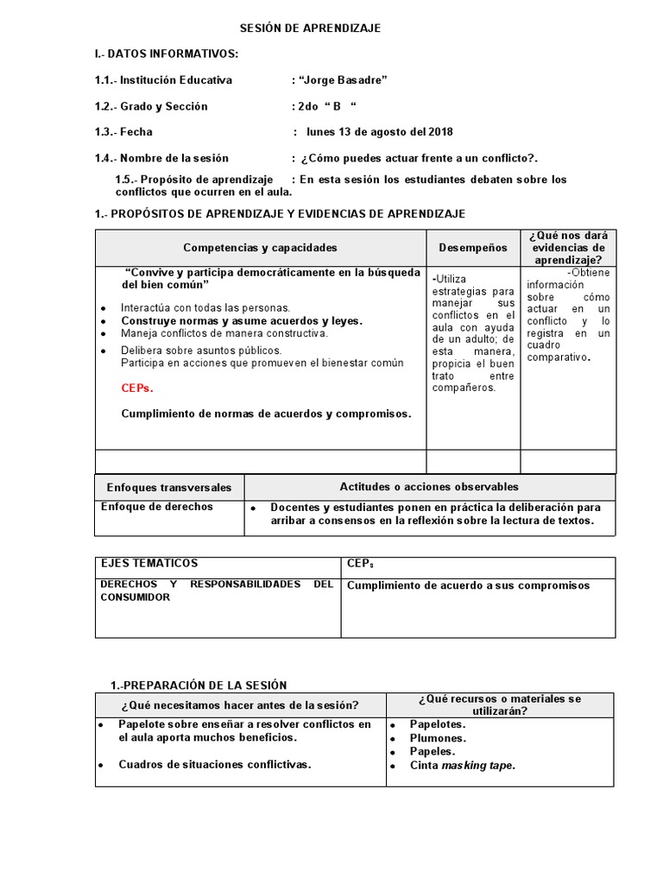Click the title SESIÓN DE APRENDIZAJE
pyautogui.click(x=310, y=28)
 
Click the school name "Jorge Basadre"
pyautogui.click(x=343, y=80)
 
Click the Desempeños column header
pyautogui.click(x=472, y=248)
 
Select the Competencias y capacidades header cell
pyautogui.click(x=260, y=248)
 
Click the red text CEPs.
pyautogui.click(x=136, y=388)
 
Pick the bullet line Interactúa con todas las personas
pyautogui.click(x=205, y=307)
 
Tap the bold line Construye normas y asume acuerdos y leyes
pyautogui.click(x=242, y=320)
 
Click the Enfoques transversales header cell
pyautogui.click(x=169, y=487)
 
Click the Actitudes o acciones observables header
pyautogui.click(x=429, y=487)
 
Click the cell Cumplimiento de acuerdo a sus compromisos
pyautogui.click(x=468, y=585)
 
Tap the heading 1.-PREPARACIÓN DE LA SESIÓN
pyautogui.click(x=199, y=685)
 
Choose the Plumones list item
pyautogui.click(x=438, y=738)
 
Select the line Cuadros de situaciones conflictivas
pyautogui.click(x=215, y=764)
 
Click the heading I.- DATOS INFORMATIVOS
pyautogui.click(x=166, y=54)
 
